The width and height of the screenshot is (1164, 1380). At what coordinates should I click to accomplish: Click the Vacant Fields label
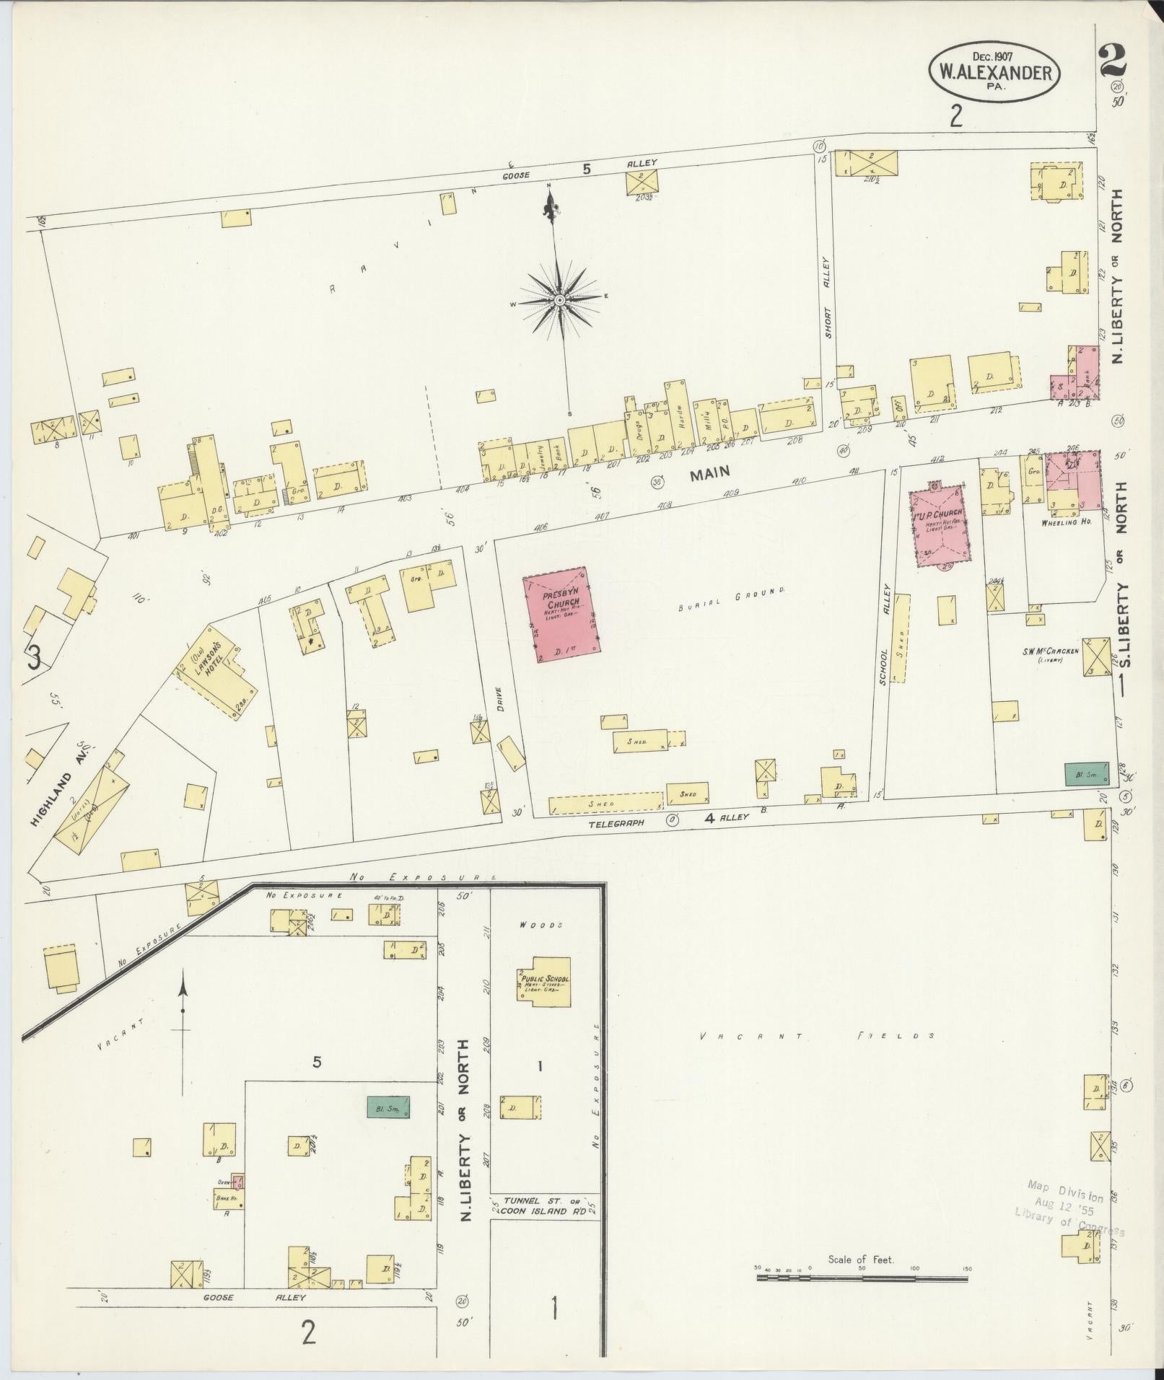tap(818, 1036)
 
